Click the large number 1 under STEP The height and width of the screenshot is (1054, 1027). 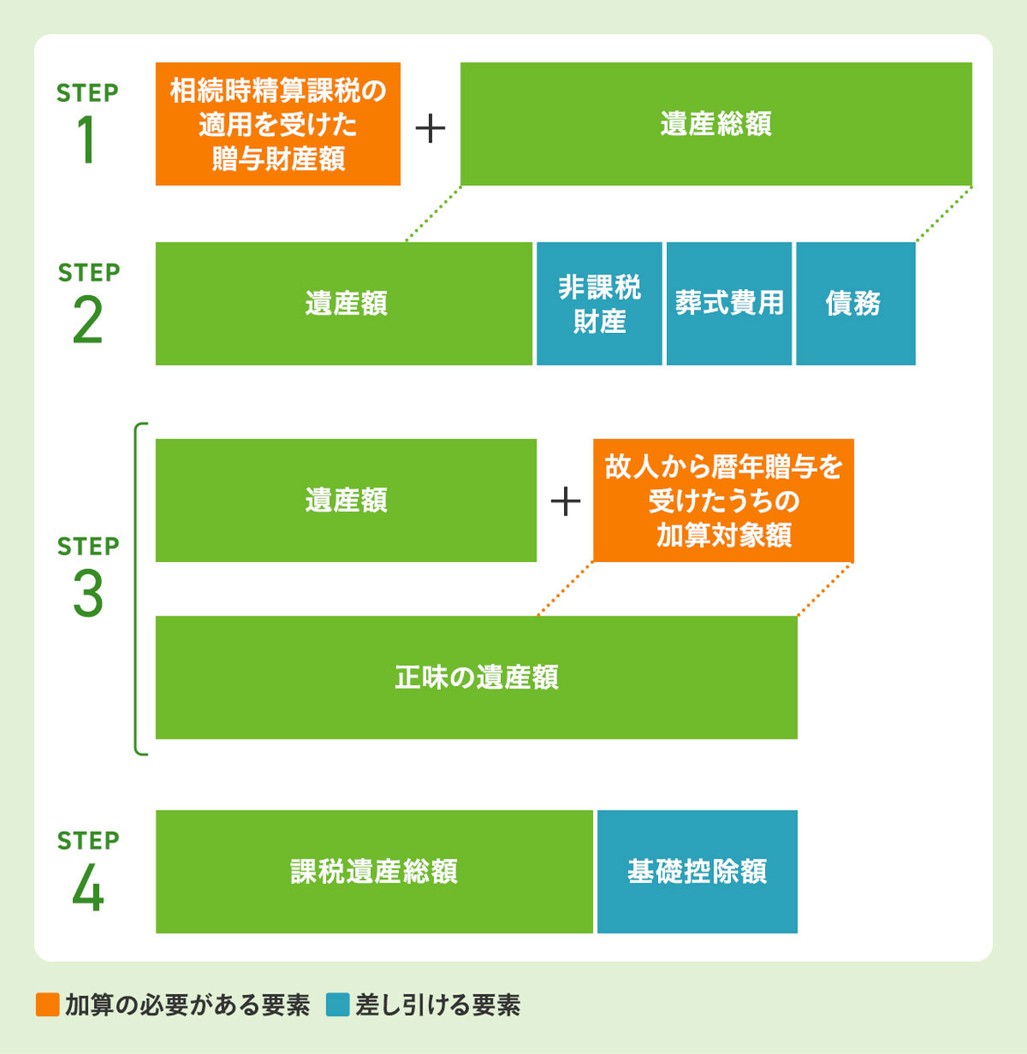[x=87, y=140]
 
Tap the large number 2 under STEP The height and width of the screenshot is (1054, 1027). [x=88, y=321]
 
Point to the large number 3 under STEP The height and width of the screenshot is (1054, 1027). [x=88, y=595]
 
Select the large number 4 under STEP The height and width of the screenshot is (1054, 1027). [x=88, y=888]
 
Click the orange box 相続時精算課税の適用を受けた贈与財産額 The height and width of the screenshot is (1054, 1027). [x=278, y=124]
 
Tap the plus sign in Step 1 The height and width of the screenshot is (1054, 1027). [x=430, y=129]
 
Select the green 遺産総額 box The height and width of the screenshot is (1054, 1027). [x=716, y=124]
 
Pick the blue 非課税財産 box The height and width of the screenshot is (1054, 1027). [x=599, y=304]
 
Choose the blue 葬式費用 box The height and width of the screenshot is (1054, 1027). [x=729, y=304]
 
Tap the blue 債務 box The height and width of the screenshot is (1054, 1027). [x=855, y=304]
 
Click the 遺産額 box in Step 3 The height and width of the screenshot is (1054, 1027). [x=345, y=501]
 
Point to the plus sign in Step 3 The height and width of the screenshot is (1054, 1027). [x=565, y=502]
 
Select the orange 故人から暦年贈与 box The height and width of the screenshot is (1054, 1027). [x=723, y=501]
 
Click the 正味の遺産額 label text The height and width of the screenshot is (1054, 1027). [x=476, y=678]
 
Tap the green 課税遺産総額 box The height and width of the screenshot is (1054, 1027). [x=374, y=871]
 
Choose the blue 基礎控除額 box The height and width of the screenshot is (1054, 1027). [x=698, y=871]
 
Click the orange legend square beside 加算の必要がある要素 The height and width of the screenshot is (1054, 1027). [x=47, y=1005]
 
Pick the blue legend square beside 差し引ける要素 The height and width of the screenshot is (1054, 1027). [x=337, y=1005]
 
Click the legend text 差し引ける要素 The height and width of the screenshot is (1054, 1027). [x=438, y=1005]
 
